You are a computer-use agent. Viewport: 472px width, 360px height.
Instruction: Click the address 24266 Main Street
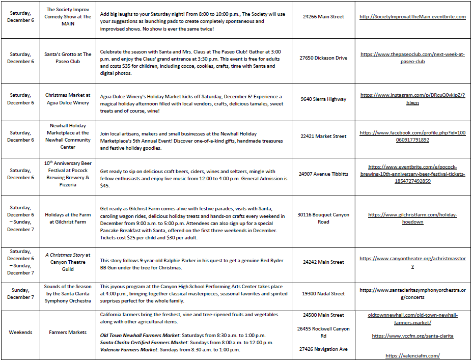click(x=323, y=17)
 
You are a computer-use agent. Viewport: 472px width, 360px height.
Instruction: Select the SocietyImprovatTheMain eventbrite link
click(x=412, y=17)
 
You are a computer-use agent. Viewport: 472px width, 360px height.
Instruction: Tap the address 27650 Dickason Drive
click(x=323, y=58)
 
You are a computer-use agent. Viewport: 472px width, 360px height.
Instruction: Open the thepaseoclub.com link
click(x=412, y=58)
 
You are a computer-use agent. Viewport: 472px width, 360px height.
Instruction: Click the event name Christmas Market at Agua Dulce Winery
click(x=68, y=99)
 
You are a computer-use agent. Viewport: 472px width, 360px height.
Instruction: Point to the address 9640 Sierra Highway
click(x=323, y=99)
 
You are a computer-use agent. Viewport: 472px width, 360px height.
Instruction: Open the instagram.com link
click(x=412, y=99)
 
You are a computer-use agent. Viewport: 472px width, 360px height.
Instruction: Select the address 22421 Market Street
click(x=323, y=136)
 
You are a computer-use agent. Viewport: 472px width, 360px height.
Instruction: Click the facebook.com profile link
click(x=412, y=136)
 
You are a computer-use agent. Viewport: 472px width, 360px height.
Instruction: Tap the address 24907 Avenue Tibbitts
click(x=323, y=174)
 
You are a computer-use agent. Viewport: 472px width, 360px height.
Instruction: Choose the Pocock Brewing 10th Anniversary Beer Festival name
click(x=68, y=174)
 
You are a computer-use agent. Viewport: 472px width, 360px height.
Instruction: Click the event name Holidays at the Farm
click(x=68, y=218)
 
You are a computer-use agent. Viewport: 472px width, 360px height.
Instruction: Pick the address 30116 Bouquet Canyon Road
click(x=323, y=218)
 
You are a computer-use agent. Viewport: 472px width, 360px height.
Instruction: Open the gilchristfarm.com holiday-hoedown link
click(x=412, y=218)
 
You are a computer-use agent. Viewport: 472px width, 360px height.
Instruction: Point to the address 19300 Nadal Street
click(x=323, y=294)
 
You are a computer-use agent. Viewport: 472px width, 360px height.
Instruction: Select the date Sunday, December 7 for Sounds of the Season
click(x=20, y=294)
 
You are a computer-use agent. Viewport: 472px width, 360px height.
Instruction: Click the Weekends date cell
click(x=20, y=333)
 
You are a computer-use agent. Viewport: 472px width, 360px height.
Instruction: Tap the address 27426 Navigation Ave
click(x=323, y=349)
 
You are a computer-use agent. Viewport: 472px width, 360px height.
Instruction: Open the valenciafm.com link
click(x=412, y=356)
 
